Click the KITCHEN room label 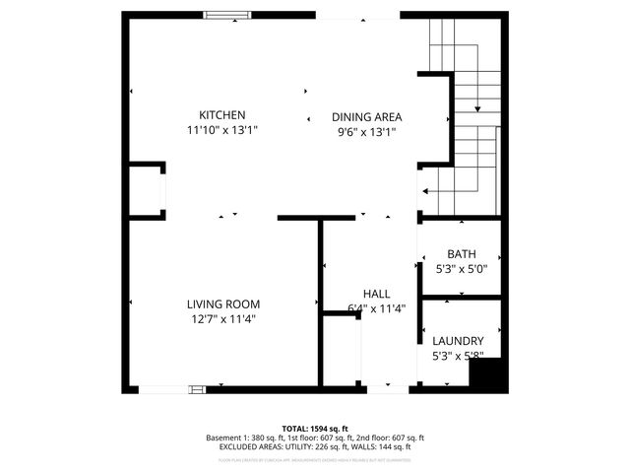coord(222,115)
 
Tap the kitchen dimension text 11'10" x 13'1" coord(222,130)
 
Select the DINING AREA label coord(366,116)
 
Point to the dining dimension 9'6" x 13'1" coord(366,131)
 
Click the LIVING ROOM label coord(223,304)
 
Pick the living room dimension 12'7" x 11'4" coord(223,319)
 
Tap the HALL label coord(376,294)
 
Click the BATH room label coord(462,253)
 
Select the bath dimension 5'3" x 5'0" coord(462,268)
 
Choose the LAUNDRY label coord(459,340)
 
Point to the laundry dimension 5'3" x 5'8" coord(459,355)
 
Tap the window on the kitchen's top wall coord(225,14)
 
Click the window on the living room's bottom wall coord(171,389)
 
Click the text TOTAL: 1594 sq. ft coord(314,429)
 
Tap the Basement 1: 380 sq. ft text coord(242,438)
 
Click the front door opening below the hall coord(387,388)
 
